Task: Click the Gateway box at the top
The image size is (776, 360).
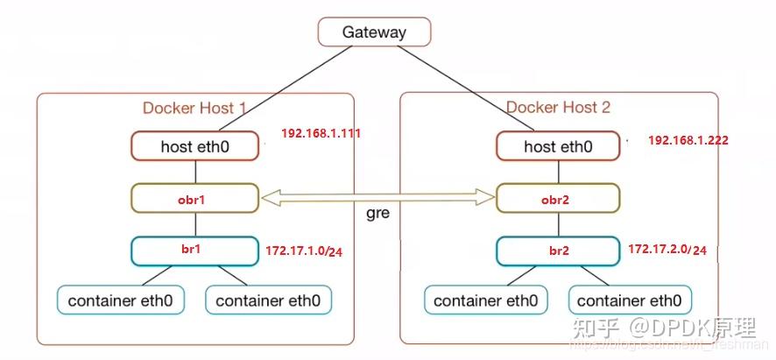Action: click(374, 32)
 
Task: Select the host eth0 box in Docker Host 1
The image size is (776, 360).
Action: click(195, 146)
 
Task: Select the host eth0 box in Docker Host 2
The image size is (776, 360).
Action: click(558, 146)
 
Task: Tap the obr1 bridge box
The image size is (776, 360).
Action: click(194, 199)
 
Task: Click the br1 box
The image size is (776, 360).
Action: click(194, 250)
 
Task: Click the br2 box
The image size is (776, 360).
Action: click(557, 250)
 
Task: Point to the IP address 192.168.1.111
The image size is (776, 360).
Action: click(321, 134)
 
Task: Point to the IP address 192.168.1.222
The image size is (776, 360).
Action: click(688, 140)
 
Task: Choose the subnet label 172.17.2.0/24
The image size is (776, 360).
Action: click(667, 251)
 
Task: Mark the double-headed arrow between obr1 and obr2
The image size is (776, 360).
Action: click(377, 199)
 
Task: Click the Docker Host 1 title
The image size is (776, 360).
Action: click(194, 109)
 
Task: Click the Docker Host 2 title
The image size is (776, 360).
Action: click(558, 109)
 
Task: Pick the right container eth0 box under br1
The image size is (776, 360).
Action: click(268, 300)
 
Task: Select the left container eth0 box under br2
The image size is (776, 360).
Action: click(484, 300)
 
